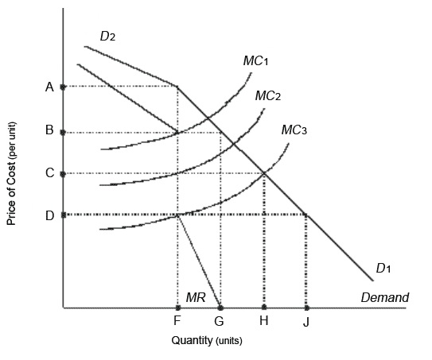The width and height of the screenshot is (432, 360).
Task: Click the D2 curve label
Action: click(x=107, y=36)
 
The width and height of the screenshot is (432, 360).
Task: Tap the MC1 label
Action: click(x=255, y=61)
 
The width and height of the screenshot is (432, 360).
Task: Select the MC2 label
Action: click(x=268, y=96)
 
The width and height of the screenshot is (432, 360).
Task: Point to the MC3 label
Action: click(x=294, y=130)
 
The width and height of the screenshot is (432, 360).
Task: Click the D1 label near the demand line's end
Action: click(x=383, y=269)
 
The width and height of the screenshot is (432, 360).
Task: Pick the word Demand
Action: click(x=384, y=298)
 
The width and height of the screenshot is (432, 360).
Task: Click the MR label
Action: click(x=196, y=297)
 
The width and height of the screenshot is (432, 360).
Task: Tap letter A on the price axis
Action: click(x=49, y=87)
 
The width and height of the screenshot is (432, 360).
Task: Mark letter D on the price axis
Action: click(x=49, y=215)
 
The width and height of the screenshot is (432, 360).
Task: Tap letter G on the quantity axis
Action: click(x=220, y=322)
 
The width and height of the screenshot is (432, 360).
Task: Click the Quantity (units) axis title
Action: click(x=206, y=341)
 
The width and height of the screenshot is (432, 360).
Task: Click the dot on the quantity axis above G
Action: click(x=220, y=307)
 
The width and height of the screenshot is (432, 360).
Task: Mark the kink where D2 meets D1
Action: click(x=177, y=86)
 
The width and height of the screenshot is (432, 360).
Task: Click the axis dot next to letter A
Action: click(x=63, y=87)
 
